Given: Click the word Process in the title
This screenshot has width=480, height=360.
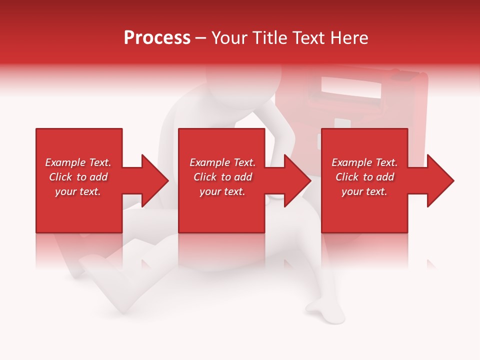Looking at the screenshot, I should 157,37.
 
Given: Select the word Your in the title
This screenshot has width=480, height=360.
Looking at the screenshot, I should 229,37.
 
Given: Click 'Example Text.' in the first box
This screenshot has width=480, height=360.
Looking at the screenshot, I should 78,162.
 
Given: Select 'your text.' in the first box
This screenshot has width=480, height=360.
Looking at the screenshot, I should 78,191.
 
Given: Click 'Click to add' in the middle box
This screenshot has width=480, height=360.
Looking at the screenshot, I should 222,177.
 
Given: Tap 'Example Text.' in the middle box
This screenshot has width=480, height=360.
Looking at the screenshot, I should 222,162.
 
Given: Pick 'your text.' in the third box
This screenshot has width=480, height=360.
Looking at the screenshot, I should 364,191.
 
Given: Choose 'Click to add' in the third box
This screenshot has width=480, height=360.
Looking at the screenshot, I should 364,177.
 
